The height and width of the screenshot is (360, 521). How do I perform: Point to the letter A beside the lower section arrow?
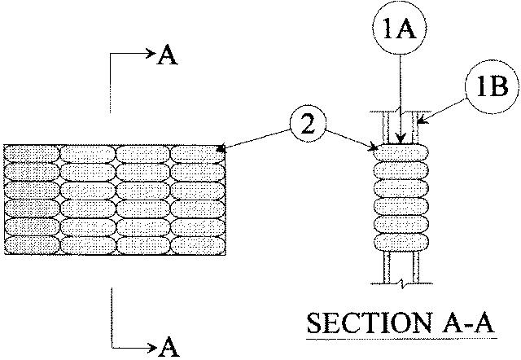169,347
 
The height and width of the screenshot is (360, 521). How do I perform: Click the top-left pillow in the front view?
33,153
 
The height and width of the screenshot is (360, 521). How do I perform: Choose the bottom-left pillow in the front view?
33,244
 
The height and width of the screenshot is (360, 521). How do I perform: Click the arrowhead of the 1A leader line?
399,143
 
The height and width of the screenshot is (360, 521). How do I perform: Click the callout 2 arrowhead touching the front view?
222,150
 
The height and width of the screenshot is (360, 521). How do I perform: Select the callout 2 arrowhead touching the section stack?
374,148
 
